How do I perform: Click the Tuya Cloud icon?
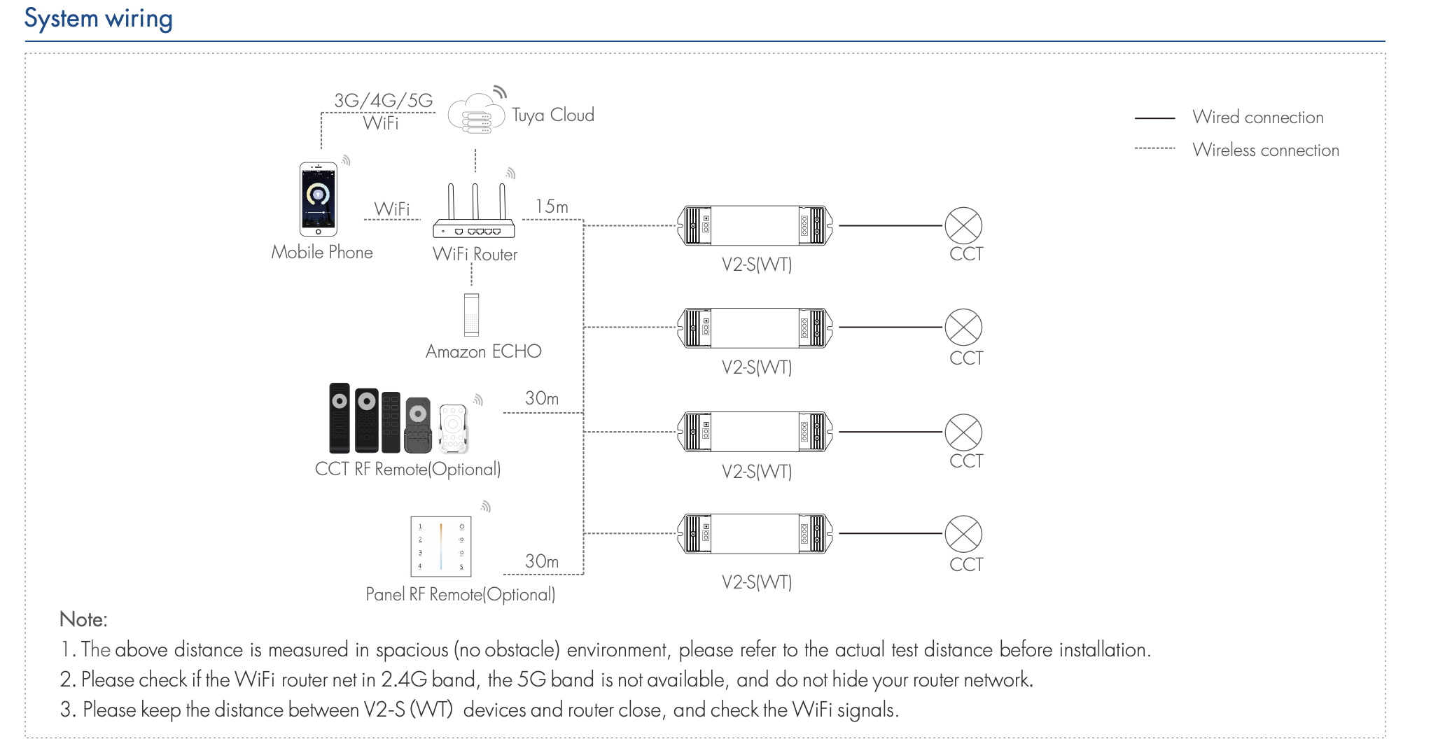tap(476, 114)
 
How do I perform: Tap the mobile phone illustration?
tap(319, 199)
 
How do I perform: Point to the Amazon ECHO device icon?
tap(471, 315)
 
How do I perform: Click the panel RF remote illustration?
tap(440, 547)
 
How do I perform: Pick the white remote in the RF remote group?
tap(453, 428)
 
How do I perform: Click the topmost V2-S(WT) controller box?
tap(755, 225)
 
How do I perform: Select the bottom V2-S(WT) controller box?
tap(755, 534)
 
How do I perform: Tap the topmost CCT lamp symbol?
tap(963, 225)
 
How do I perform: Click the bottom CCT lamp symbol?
tap(963, 534)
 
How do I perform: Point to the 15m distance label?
tap(552, 206)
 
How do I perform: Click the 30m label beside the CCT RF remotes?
tap(542, 398)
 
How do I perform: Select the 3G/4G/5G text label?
tap(383, 101)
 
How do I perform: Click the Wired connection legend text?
tap(1257, 118)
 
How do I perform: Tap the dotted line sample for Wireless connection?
tap(1154, 148)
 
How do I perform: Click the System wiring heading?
tap(98, 18)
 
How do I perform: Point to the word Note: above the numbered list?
tap(83, 619)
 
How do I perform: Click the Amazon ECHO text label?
tap(483, 351)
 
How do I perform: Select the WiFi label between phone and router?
tap(392, 209)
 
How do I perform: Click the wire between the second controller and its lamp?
tap(891, 327)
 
